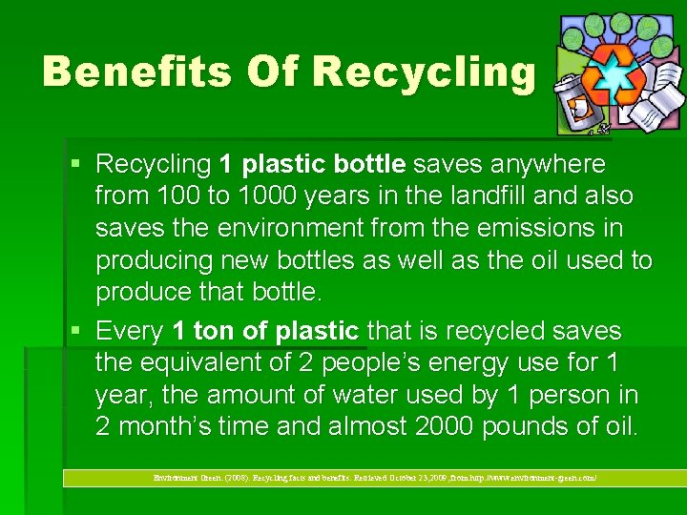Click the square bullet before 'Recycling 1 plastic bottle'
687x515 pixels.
pyautogui.click(x=77, y=165)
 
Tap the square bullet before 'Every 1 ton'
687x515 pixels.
pyautogui.click(x=77, y=332)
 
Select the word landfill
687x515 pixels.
pyautogui.click(x=465, y=196)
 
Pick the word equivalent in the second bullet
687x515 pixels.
pyautogui.click(x=214, y=363)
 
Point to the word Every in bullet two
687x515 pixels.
pyautogui.click(x=131, y=331)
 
